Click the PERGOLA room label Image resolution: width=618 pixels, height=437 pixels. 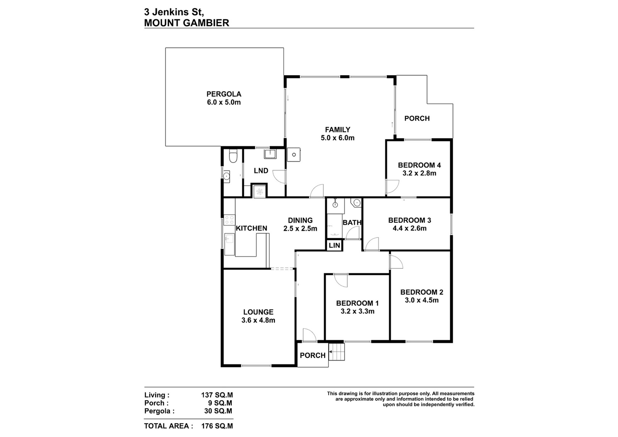(x=224, y=94)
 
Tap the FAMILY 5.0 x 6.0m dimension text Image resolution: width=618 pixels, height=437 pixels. (x=338, y=138)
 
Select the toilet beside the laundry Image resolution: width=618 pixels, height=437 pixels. (x=233, y=156)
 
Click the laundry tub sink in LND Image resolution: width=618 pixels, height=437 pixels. (x=270, y=154)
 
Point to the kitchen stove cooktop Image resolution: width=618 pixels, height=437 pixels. (x=229, y=220)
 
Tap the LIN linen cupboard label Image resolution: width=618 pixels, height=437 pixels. (x=334, y=246)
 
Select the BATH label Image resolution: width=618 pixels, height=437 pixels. (x=352, y=222)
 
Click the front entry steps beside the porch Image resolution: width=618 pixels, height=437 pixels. (x=336, y=352)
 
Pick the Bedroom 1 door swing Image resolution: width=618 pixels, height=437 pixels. (x=341, y=280)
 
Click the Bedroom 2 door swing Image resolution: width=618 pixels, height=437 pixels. (x=396, y=262)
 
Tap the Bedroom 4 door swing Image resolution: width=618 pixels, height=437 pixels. (x=392, y=187)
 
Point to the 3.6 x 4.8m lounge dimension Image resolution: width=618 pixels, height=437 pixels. (x=258, y=320)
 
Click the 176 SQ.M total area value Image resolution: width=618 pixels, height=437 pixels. (x=217, y=426)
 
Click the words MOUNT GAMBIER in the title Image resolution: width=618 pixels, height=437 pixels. (x=187, y=23)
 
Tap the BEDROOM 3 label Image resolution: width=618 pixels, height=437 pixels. (x=409, y=220)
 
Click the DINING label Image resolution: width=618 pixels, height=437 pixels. (x=300, y=220)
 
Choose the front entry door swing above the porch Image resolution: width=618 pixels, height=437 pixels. (x=309, y=335)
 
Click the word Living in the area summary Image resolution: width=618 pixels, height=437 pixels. (x=155, y=395)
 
